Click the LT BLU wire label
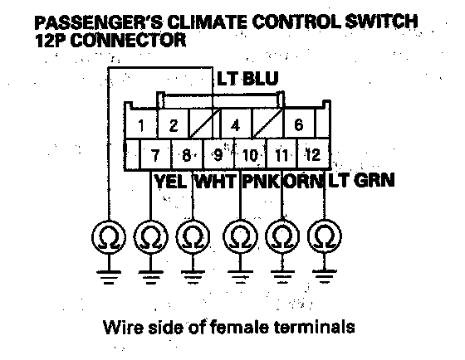point(247,78)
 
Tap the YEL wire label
point(170,181)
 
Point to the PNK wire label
point(261,181)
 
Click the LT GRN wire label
point(361,180)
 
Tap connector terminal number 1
point(141,125)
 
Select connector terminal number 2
point(174,125)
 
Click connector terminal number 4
point(235,125)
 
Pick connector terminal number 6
point(299,124)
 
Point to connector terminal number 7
point(155,155)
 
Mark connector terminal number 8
point(187,155)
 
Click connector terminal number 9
point(218,155)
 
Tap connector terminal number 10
point(250,155)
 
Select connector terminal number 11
point(281,155)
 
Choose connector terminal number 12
point(313,154)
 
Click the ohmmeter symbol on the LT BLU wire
point(109,237)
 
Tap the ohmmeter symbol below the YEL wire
point(151,237)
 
